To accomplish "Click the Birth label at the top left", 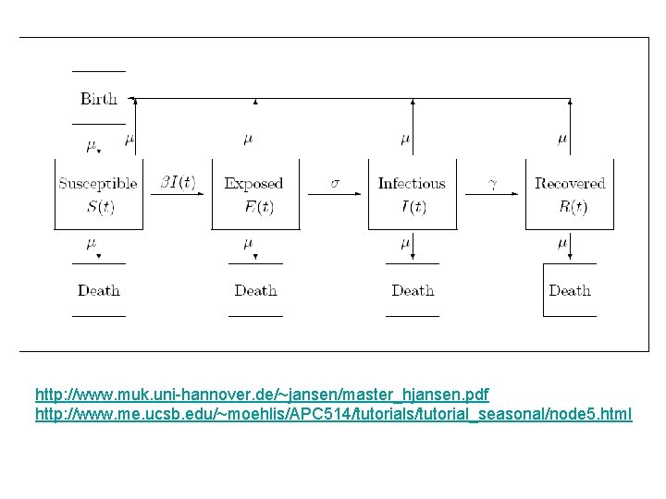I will (99, 99).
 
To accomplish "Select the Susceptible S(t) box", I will (98, 195).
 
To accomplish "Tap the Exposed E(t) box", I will (255, 195).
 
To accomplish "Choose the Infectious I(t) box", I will (412, 195).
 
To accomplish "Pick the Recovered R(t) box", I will (569, 195).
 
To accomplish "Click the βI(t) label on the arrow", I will (178, 183).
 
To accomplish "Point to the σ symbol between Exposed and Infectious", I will (335, 183).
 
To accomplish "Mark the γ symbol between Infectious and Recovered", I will (493, 183).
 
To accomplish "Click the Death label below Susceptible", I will (99, 290).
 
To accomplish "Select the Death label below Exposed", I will (255, 290).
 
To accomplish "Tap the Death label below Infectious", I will (413, 290).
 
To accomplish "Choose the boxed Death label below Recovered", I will (570, 290).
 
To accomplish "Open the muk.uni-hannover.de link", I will (262, 395).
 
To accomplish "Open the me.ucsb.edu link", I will (333, 414).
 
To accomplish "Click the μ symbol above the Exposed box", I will (248, 139).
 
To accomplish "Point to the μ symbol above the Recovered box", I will (562, 139).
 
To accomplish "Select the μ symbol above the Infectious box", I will (405, 139).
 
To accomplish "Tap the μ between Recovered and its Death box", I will (562, 243).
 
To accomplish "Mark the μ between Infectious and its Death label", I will (405, 243).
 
